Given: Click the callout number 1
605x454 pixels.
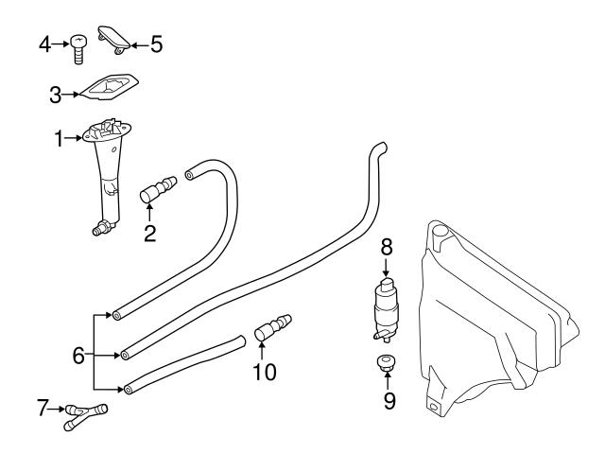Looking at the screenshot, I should (x=59, y=139).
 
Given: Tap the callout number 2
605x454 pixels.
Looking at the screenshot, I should (x=149, y=234).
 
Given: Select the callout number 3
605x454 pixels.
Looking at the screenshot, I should (x=56, y=94).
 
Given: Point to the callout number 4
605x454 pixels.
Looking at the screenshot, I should (x=44, y=43).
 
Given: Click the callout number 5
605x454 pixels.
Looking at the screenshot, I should (x=157, y=43).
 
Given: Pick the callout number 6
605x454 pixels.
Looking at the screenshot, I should (x=78, y=357).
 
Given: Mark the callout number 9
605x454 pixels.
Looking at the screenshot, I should (x=389, y=399).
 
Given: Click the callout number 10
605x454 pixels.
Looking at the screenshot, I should (x=265, y=372).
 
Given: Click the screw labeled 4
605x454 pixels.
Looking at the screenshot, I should (x=78, y=46).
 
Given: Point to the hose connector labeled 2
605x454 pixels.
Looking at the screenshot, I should (x=160, y=188).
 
